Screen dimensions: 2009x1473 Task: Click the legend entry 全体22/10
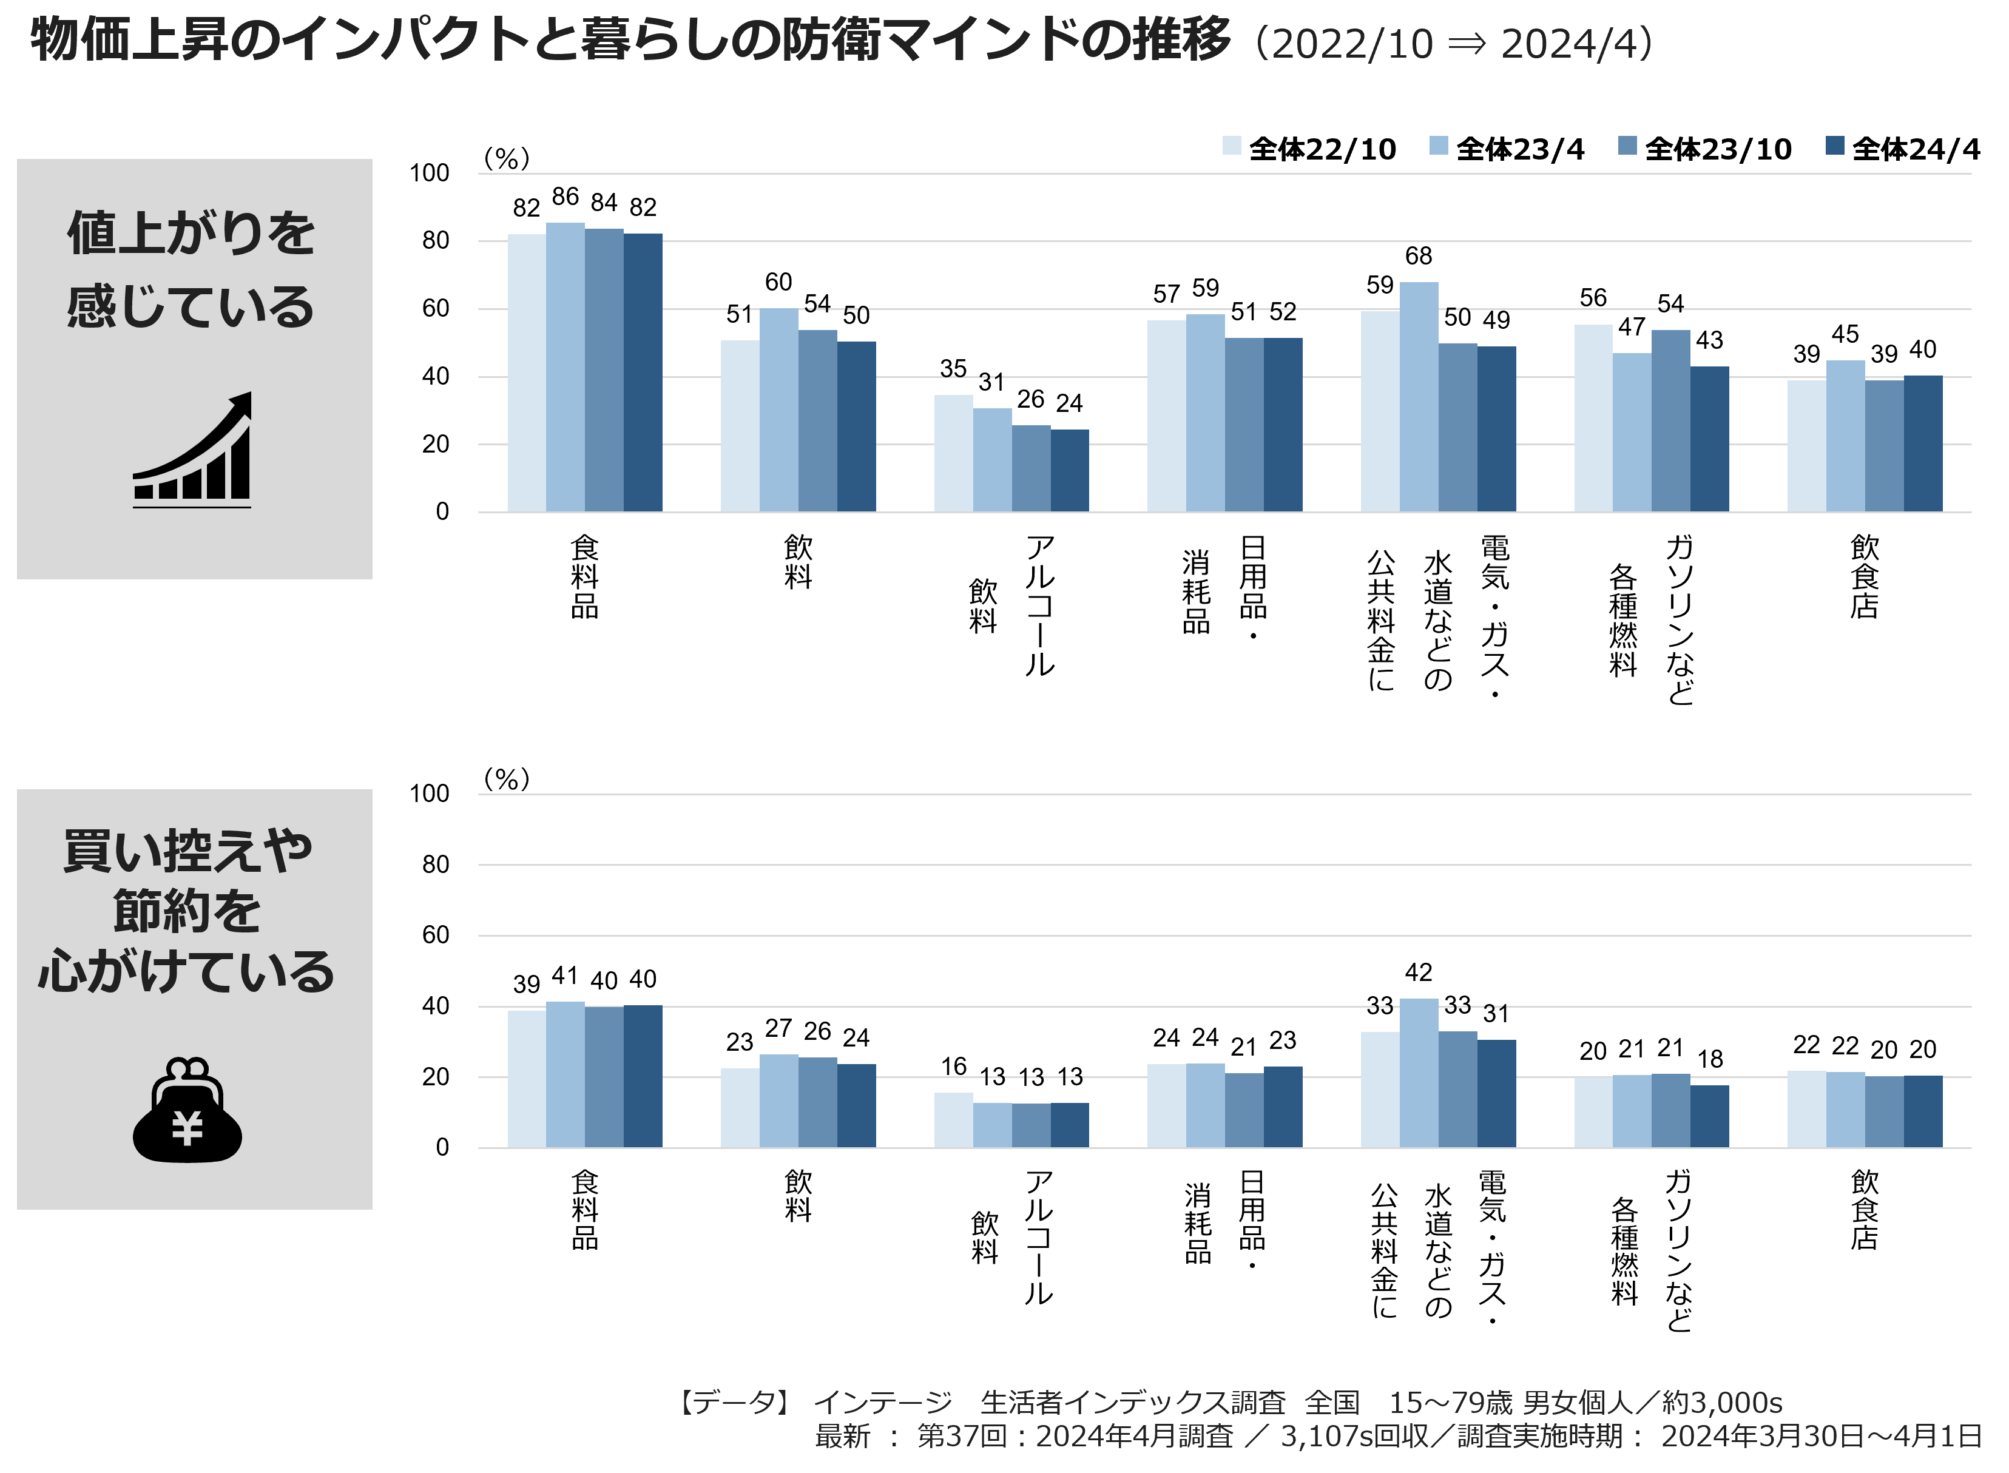click(1309, 149)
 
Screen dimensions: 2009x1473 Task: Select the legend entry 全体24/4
click(1903, 149)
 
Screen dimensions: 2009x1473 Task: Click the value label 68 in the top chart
click(1419, 257)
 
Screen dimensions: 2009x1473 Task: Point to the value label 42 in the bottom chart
click(1419, 972)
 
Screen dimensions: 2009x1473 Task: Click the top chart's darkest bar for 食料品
click(643, 372)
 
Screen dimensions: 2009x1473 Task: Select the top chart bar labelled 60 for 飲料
click(778, 410)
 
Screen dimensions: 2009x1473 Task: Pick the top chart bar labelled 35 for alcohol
click(953, 453)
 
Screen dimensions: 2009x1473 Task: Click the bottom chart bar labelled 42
click(1419, 1073)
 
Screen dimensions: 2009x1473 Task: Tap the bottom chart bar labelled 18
click(1709, 1116)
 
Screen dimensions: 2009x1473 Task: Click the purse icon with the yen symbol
click(187, 1110)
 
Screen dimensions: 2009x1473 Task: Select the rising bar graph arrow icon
click(192, 450)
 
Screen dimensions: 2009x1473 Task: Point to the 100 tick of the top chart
click(429, 173)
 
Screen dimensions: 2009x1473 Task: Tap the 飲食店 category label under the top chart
click(1865, 577)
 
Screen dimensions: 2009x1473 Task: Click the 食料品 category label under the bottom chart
click(585, 1210)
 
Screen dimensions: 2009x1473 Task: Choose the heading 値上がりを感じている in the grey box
click(191, 269)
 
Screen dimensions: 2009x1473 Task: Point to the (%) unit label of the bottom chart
click(507, 780)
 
